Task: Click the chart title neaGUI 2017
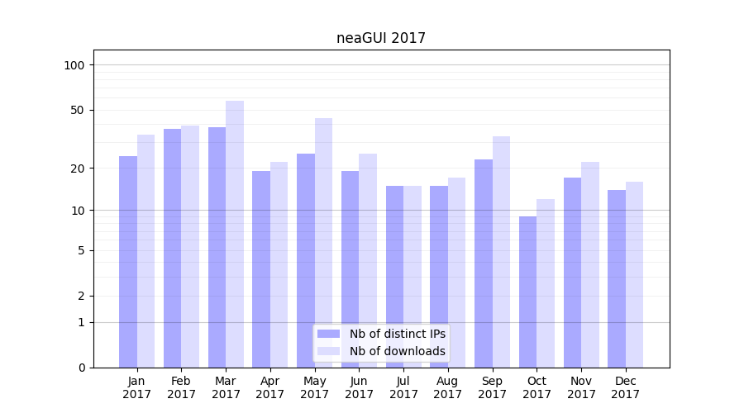(x=381, y=38)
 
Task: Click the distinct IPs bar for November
(x=572, y=273)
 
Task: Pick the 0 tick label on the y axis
(x=81, y=368)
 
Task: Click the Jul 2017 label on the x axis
(x=403, y=387)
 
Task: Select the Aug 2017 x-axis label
(x=448, y=387)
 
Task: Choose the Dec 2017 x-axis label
(x=626, y=387)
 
